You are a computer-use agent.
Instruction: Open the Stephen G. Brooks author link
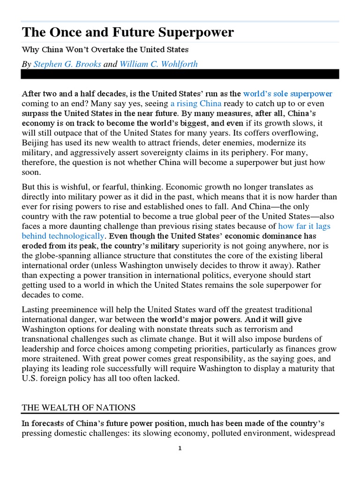[x=67, y=64]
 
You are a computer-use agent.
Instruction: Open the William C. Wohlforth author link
[x=158, y=64]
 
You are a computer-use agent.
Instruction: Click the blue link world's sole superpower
[x=288, y=94]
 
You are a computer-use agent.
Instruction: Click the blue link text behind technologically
[x=63, y=235]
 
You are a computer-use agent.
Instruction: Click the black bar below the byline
[x=180, y=74]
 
